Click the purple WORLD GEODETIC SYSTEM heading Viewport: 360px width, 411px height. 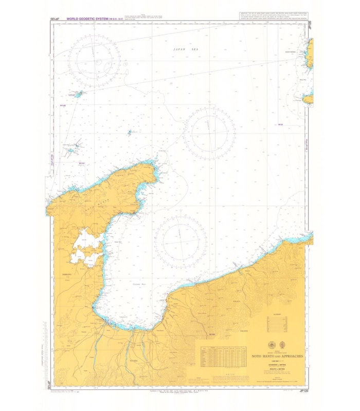[x=90, y=18]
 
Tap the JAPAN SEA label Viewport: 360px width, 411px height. [x=186, y=49]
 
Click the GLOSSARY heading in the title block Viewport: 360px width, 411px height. [x=277, y=314]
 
